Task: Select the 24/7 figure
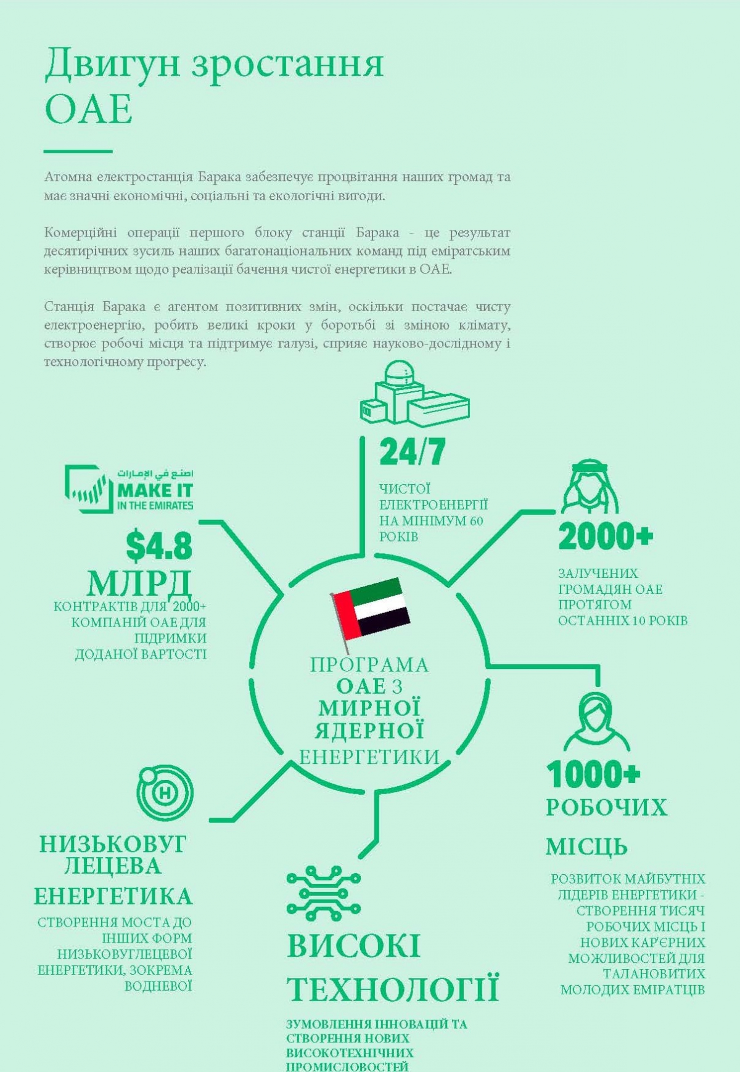pos(412,452)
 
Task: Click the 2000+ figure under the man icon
pos(605,536)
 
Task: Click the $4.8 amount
pos(159,546)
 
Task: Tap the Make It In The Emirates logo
pos(129,489)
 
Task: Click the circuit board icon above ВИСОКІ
pos(323,891)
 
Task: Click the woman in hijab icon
pos(596,721)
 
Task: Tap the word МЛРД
pos(139,582)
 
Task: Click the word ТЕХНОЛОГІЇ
pos(392,989)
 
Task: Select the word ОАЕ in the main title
pos(89,110)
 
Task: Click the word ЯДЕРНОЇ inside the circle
pos(369,731)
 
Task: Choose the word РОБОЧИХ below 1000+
pos(606,807)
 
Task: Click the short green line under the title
pos(78,151)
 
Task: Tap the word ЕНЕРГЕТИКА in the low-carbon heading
pos(113,896)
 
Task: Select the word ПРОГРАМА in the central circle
pos(369,665)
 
